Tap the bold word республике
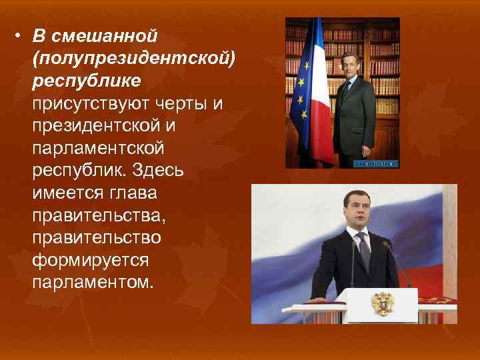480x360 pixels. click(85, 79)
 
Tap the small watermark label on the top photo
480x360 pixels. click(375, 162)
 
